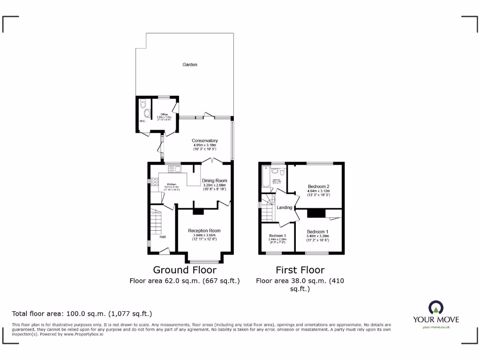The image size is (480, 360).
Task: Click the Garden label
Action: click(190, 65)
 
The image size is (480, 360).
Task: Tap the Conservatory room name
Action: click(205, 141)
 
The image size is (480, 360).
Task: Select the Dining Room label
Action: click(214, 180)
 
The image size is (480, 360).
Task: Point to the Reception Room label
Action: click(204, 231)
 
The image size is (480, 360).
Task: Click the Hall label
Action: click(162, 237)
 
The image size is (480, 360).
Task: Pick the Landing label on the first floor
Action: click(285, 207)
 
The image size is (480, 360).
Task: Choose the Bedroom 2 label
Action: click(318, 186)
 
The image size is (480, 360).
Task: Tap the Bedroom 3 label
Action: click(277, 235)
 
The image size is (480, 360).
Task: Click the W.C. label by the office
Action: click(142, 122)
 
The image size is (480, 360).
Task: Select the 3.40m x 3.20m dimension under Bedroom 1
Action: click(318, 236)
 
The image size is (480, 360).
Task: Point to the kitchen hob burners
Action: click(155, 183)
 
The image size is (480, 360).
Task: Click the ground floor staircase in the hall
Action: click(156, 223)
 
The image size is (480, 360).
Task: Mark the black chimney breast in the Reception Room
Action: click(199, 211)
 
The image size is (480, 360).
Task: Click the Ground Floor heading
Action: click(185, 270)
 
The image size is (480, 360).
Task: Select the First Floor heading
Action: click(300, 270)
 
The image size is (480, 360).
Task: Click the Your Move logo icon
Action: click(435, 307)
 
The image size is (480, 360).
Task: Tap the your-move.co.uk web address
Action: click(436, 327)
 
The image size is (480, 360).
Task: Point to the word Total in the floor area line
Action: click(20, 314)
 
